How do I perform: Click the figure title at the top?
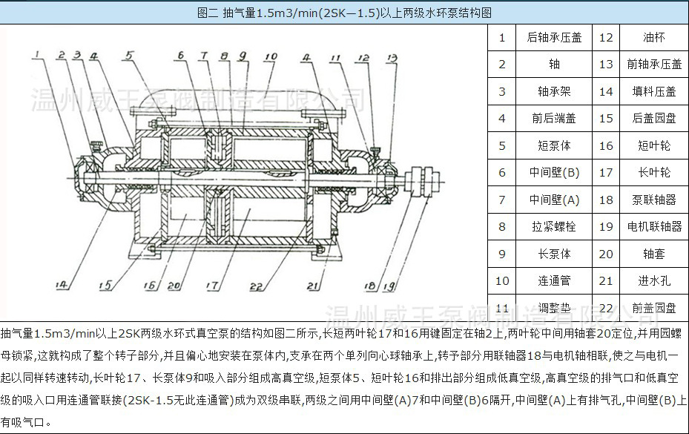(x=345, y=13)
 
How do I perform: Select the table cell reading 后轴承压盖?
(x=554, y=37)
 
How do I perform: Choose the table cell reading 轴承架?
(x=554, y=91)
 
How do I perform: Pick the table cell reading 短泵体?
(x=554, y=145)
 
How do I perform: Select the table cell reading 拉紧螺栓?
(x=554, y=226)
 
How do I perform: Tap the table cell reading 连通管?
(x=554, y=280)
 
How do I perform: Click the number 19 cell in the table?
(x=606, y=226)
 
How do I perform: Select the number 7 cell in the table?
(x=502, y=200)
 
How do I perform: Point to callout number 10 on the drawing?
(x=269, y=56)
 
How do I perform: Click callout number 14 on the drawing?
(x=62, y=283)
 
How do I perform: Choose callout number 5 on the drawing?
(x=130, y=54)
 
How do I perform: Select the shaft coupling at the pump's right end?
(x=421, y=183)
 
